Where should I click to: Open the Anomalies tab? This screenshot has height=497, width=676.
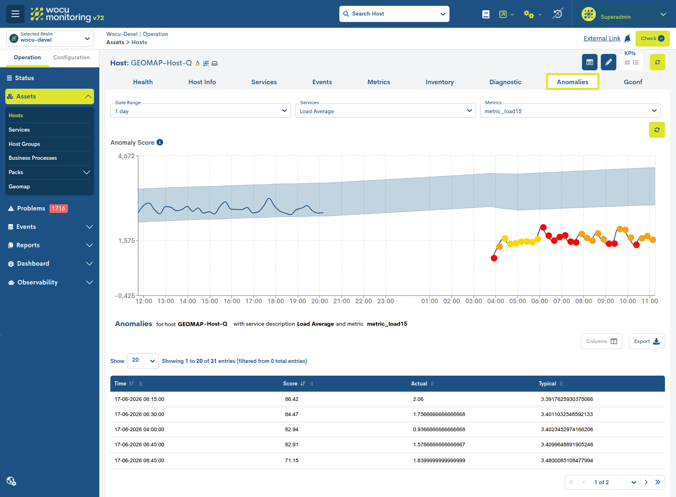(x=572, y=82)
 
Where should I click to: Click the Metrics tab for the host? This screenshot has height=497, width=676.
(x=378, y=82)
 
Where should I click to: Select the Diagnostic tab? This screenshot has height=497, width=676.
(x=505, y=82)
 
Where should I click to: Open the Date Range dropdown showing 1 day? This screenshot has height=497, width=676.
(x=200, y=111)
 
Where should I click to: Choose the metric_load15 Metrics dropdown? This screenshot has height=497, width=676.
(x=570, y=111)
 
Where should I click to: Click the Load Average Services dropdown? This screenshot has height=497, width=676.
(x=385, y=111)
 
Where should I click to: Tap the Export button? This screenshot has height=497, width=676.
(x=647, y=341)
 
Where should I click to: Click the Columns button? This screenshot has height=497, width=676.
(x=601, y=341)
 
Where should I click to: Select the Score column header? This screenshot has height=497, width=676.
(x=290, y=383)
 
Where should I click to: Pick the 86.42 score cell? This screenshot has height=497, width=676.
(x=291, y=399)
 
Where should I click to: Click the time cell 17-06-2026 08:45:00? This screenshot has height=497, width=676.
(x=139, y=460)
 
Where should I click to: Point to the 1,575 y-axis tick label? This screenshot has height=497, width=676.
(x=126, y=240)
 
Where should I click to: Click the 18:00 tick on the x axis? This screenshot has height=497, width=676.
(x=275, y=301)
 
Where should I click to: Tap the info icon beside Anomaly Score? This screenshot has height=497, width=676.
(x=160, y=142)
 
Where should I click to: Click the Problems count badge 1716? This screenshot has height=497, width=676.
(x=58, y=208)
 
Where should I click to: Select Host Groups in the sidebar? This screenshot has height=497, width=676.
(x=24, y=144)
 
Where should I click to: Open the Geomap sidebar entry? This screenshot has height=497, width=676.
(x=19, y=186)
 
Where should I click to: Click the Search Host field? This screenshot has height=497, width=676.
(x=394, y=14)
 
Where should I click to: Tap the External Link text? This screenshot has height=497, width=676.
(x=602, y=38)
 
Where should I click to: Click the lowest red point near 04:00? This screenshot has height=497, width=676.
(x=494, y=258)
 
